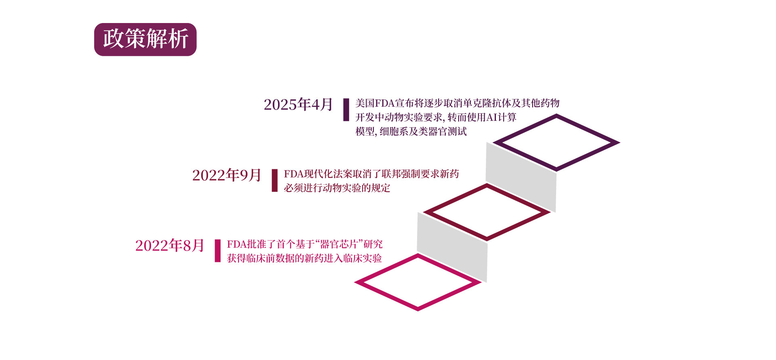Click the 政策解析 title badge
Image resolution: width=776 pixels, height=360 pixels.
[145, 39]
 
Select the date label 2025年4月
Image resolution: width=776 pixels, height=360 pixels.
[298, 105]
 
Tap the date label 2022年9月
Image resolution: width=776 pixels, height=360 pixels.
[226, 175]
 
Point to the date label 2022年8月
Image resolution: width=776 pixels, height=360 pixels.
[169, 246]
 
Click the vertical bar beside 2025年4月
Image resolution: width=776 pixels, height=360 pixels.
[346, 109]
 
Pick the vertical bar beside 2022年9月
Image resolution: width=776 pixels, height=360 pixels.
[275, 180]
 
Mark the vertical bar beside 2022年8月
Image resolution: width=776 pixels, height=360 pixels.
[217, 251]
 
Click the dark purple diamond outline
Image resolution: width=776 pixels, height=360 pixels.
[557, 117]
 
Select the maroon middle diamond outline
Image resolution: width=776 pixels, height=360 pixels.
[487, 187]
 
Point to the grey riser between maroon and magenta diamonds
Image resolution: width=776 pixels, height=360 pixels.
[452, 246]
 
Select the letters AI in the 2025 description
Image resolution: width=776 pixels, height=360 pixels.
[491, 118]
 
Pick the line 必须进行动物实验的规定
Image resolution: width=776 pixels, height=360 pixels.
[337, 188]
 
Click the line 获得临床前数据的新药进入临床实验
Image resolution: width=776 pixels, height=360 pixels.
[304, 259]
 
